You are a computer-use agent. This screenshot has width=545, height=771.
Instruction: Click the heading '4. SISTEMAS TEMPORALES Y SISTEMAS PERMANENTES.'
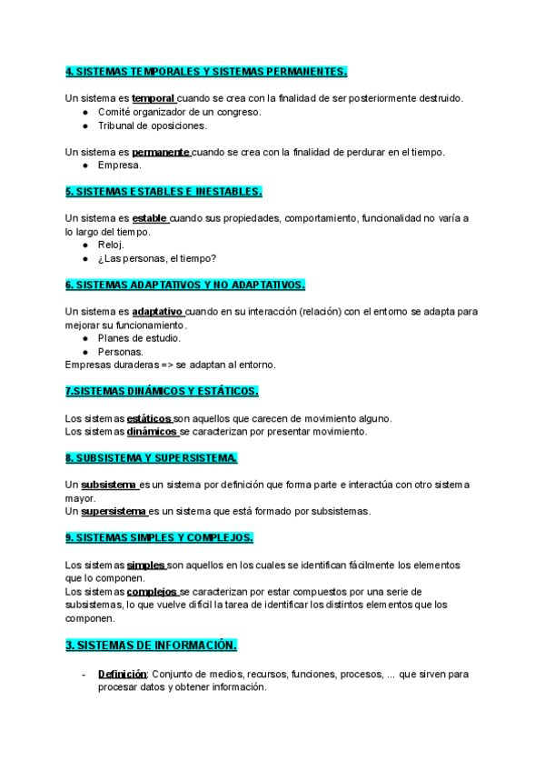coord(206,72)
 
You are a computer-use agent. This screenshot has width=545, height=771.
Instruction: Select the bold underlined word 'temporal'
coord(153,98)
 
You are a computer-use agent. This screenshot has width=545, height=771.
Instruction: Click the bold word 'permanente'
coord(160,152)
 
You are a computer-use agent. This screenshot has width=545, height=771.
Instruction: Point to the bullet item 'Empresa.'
coord(119,165)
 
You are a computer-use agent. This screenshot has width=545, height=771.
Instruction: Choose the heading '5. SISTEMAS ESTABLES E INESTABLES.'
coord(163,192)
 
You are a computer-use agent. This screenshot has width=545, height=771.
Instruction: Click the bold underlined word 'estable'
coord(150,218)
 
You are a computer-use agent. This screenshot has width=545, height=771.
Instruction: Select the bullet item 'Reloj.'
coord(111,245)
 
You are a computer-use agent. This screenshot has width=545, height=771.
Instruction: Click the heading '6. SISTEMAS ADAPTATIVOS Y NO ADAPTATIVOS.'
coord(185,285)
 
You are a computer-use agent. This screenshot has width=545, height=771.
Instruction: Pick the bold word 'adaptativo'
coord(157,311)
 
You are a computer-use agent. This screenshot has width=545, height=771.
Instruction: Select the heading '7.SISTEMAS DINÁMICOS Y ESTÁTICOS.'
coord(162,391)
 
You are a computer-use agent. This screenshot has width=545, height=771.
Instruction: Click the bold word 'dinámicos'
coord(152,432)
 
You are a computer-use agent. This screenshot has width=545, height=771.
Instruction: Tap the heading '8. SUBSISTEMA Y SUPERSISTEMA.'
coord(152,458)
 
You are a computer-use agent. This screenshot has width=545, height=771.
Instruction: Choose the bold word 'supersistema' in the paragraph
coord(114,511)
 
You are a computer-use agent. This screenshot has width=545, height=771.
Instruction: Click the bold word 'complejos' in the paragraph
coord(152,591)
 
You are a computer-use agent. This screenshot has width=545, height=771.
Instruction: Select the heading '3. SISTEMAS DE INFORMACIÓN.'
coord(152,646)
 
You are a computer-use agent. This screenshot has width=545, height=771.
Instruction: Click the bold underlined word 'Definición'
coord(122,675)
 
